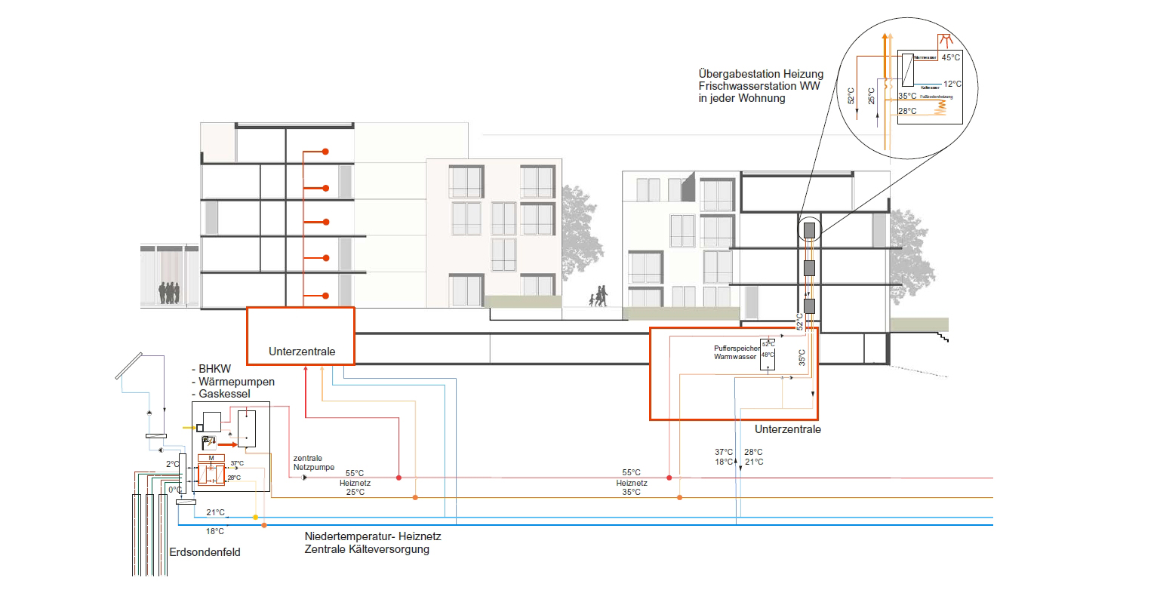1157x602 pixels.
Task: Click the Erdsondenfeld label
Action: [205, 552]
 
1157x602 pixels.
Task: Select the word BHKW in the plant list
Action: [215, 370]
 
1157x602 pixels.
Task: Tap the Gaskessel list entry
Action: [224, 394]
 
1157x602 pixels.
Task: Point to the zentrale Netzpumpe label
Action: [313, 462]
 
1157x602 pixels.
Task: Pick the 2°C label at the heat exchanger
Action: [173, 464]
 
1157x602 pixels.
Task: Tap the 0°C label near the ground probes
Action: [174, 490]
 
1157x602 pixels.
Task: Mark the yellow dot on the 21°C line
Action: [255, 518]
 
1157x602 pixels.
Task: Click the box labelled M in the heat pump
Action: [211, 458]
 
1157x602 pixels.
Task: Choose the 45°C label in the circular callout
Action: [951, 57]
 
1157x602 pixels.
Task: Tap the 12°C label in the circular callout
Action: [952, 84]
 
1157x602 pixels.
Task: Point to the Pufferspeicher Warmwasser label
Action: [737, 352]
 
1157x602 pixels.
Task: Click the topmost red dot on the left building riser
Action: [325, 152]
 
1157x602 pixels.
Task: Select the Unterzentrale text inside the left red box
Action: [302, 352]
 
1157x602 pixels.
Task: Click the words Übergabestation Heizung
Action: [761, 74]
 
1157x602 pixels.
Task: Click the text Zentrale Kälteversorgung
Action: [367, 549]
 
